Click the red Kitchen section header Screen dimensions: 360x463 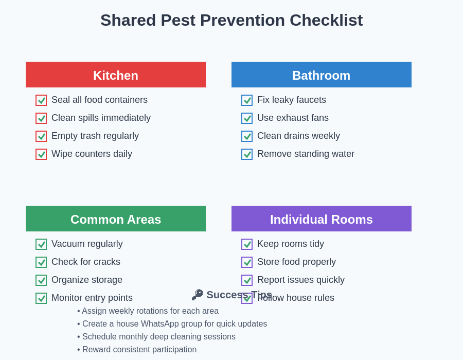pyautogui.click(x=116, y=75)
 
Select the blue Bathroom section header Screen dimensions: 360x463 pyautogui.click(x=321, y=75)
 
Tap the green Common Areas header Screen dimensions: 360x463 pyautogui.click(x=116, y=219)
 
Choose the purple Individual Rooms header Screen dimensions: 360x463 pyautogui.click(x=321, y=219)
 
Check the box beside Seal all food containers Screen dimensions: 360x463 pyautogui.click(x=41, y=100)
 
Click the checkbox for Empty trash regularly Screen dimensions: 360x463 pyautogui.click(x=41, y=136)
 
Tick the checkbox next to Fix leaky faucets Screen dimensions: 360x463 pyautogui.click(x=247, y=100)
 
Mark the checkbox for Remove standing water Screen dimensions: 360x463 pyautogui.click(x=247, y=154)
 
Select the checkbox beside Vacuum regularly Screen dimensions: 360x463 pyautogui.click(x=41, y=244)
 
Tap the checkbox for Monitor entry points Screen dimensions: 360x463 pyautogui.click(x=41, y=298)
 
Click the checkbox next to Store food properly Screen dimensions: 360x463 pyautogui.click(x=247, y=262)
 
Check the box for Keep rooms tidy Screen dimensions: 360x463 pyautogui.click(x=247, y=244)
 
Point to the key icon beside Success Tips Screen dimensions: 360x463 pyautogui.click(x=198, y=295)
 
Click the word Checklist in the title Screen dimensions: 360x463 pyautogui.click(x=326, y=20)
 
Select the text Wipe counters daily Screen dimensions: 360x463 pyautogui.click(x=92, y=154)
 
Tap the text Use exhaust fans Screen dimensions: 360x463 pyautogui.click(x=293, y=118)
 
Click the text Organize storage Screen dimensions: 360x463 pyautogui.click(x=87, y=280)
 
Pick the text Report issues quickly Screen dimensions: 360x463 pyautogui.click(x=301, y=280)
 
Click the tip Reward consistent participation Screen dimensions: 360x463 pyautogui.click(x=139, y=350)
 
